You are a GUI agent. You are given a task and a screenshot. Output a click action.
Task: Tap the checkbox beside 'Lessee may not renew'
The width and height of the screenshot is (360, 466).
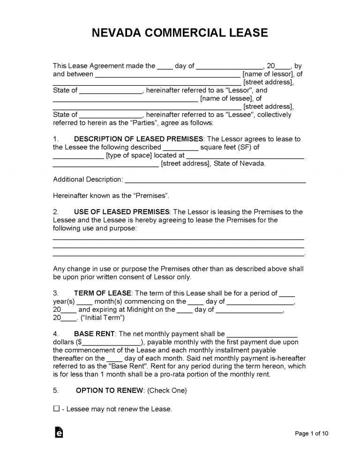56,409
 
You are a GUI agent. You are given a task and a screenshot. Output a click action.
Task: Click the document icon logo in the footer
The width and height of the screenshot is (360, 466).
59,433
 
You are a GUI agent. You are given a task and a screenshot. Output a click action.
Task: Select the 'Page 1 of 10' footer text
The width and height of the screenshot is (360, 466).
312,434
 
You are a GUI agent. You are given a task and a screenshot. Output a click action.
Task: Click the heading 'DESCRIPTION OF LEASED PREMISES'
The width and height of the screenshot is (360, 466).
139,139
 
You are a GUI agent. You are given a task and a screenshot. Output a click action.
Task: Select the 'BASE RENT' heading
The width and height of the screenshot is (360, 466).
95,334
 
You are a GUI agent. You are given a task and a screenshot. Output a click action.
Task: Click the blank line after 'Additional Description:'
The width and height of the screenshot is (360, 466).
216,180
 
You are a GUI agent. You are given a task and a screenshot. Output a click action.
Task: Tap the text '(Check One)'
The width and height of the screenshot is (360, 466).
167,390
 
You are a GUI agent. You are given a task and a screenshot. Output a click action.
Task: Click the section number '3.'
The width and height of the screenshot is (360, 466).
56,293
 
